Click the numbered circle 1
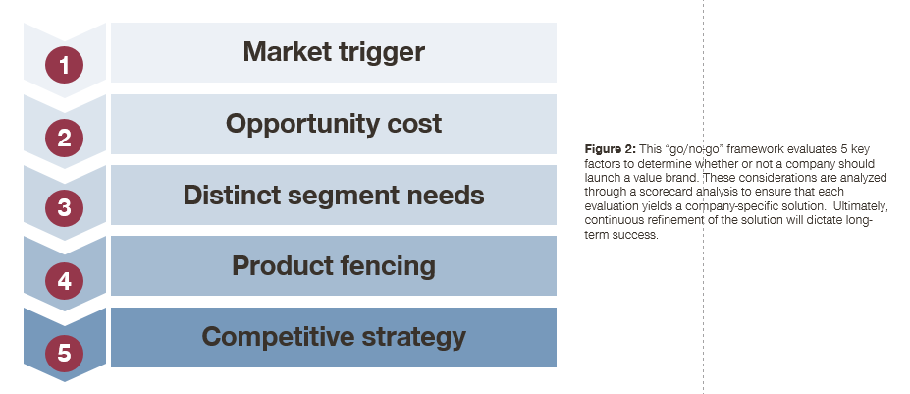pyautogui.click(x=65, y=65)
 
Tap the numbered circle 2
pyautogui.click(x=65, y=138)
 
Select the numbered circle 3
pyautogui.click(x=65, y=208)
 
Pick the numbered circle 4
pyautogui.click(x=65, y=281)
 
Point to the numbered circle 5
pyautogui.click(x=65, y=353)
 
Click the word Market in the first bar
pyautogui.click(x=284, y=51)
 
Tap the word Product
pyautogui.click(x=283, y=266)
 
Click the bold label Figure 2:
pyautogui.click(x=611, y=149)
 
